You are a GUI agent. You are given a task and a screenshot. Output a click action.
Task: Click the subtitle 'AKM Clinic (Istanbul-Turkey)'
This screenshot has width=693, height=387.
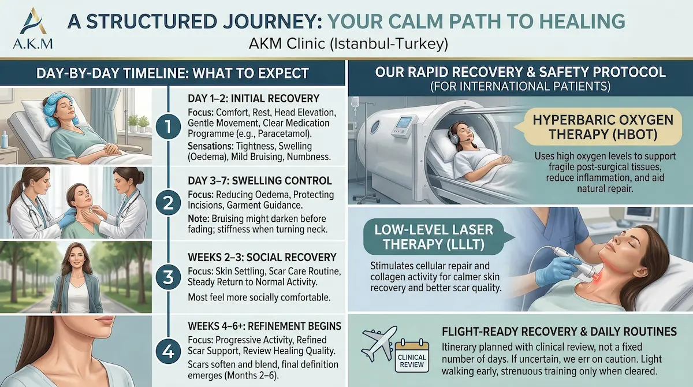346,43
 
